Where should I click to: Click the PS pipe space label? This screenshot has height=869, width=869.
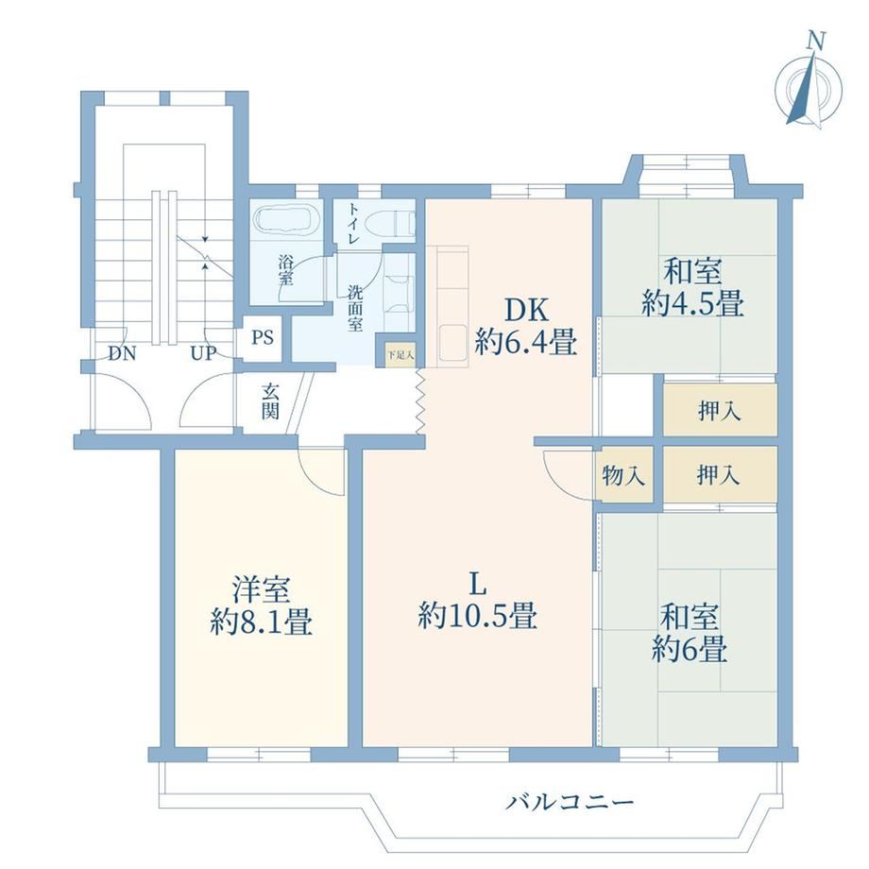[263, 337]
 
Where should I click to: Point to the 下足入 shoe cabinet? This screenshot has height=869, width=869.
[400, 355]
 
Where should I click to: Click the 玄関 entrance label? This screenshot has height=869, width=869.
[270, 401]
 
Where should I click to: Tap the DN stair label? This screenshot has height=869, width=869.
[122, 353]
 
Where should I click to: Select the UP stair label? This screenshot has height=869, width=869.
[203, 353]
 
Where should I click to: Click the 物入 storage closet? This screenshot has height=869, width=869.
[623, 475]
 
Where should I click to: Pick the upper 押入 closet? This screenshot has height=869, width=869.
[720, 410]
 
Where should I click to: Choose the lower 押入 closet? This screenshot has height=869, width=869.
[720, 475]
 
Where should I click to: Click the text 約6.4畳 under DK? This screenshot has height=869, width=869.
[526, 342]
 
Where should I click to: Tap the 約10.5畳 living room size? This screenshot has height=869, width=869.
[478, 615]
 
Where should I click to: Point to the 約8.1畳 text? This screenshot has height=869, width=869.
[262, 622]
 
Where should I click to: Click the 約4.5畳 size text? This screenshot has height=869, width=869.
[692, 303]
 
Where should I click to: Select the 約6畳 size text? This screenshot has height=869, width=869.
[690, 648]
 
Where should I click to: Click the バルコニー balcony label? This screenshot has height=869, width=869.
[570, 801]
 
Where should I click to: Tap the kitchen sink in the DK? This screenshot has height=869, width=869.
[452, 343]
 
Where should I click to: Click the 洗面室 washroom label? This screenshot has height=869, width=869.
[355, 308]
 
